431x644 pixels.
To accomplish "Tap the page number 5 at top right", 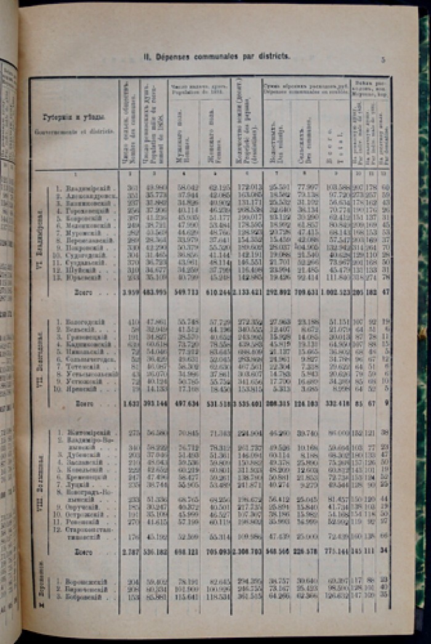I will tap(383, 60).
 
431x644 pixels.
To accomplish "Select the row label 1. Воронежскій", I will tap(87, 581).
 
